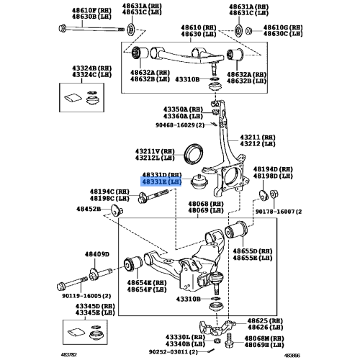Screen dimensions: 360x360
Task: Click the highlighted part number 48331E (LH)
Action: click(x=161, y=184)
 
